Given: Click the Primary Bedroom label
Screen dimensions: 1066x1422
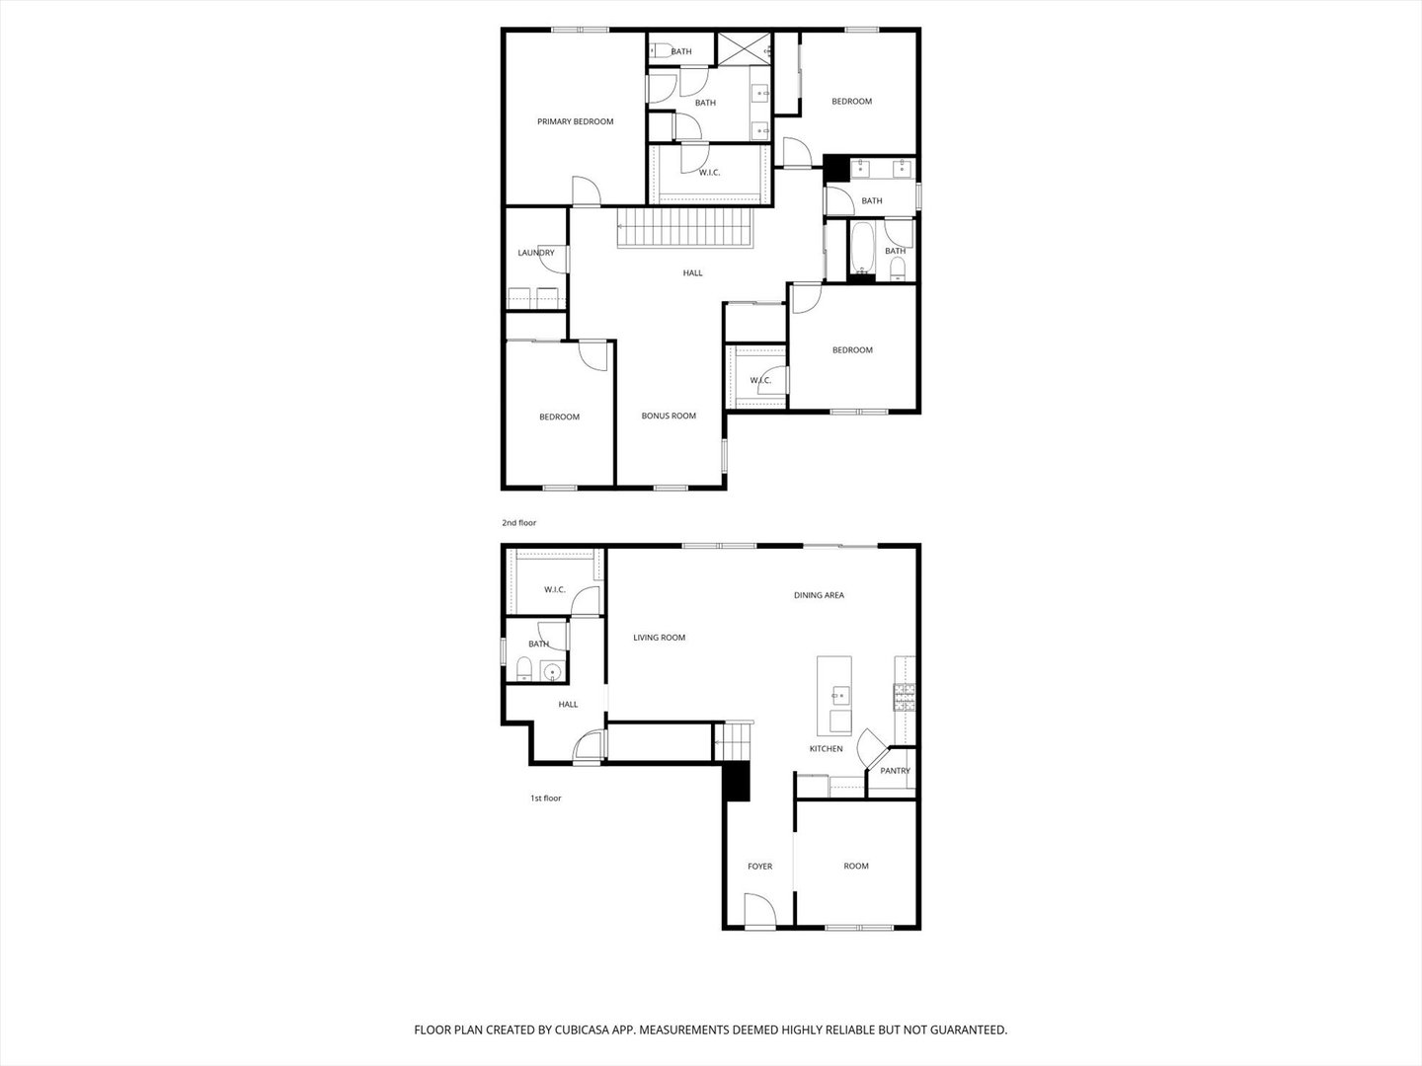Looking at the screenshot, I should pyautogui.click(x=575, y=121).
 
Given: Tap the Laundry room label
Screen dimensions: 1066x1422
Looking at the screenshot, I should pyautogui.click(x=535, y=253).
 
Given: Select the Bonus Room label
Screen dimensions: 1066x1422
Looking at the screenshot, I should pyautogui.click(x=669, y=416).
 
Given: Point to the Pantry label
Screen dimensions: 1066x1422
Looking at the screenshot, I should pyautogui.click(x=895, y=771).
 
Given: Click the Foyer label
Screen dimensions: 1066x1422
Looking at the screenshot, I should pyautogui.click(x=759, y=866).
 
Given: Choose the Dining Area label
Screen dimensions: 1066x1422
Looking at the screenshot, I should pyautogui.click(x=819, y=595).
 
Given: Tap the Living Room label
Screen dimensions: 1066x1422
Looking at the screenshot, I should pyautogui.click(x=659, y=638).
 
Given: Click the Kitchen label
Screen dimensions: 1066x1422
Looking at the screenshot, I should pyautogui.click(x=826, y=748).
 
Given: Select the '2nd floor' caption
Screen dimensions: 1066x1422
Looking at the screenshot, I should pyautogui.click(x=518, y=522).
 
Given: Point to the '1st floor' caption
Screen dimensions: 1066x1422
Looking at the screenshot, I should pyautogui.click(x=545, y=798).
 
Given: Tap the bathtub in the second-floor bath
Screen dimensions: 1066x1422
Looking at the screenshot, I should pyautogui.click(x=861, y=248).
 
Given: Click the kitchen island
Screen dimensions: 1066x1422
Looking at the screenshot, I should pyautogui.click(x=835, y=695).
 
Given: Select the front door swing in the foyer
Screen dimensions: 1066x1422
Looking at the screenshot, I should pyautogui.click(x=758, y=910).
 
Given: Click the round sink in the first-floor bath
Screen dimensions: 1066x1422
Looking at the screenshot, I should pyautogui.click(x=553, y=673).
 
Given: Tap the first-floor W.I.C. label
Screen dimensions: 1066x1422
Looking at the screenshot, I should pyautogui.click(x=554, y=590).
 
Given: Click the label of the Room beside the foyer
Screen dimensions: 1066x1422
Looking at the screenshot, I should pyautogui.click(x=856, y=866).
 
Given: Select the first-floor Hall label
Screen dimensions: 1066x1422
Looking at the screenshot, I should pyautogui.click(x=568, y=704).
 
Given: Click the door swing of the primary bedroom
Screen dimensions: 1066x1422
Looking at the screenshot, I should pyautogui.click(x=585, y=190).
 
